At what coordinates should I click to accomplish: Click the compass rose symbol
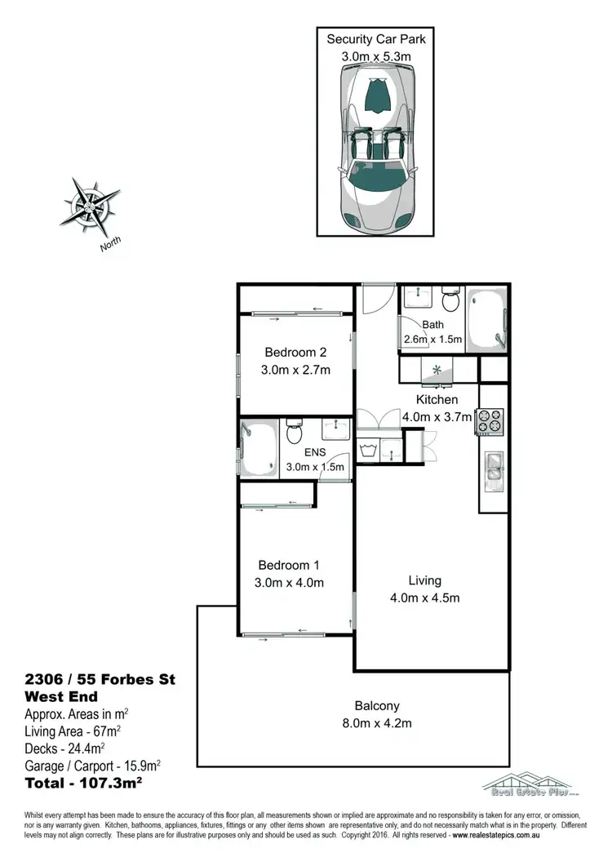coord(89,202)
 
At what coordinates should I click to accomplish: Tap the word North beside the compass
coord(112,243)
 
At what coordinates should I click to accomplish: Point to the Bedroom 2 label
coord(295,353)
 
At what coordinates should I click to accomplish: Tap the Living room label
coord(424,580)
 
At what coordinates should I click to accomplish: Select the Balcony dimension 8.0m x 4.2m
coord(376,723)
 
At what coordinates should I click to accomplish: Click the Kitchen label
coord(437,400)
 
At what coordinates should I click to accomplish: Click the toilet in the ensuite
coord(295,433)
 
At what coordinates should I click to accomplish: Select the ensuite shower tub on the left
coord(259,446)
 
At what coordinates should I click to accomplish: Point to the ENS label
coord(314,451)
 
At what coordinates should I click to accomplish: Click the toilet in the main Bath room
coord(450,303)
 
